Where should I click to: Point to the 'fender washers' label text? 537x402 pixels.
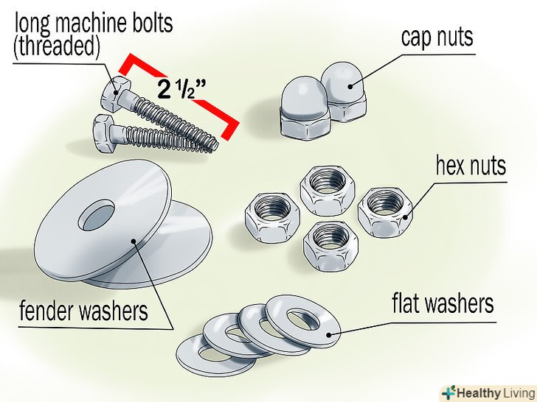83,311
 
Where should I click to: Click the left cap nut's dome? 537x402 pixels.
302,96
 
